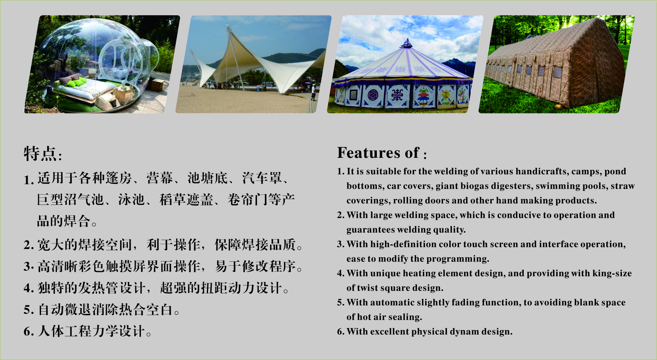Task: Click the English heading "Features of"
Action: pyautogui.click(x=378, y=153)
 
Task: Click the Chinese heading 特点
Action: pyautogui.click(x=40, y=154)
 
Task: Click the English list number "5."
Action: pyautogui.click(x=341, y=303)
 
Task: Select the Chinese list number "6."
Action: pyautogui.click(x=29, y=332)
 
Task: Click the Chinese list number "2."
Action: pyautogui.click(x=29, y=245)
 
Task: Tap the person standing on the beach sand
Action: pyautogui.click(x=314, y=92)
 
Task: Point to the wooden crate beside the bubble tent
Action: pyautogui.click(x=157, y=85)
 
